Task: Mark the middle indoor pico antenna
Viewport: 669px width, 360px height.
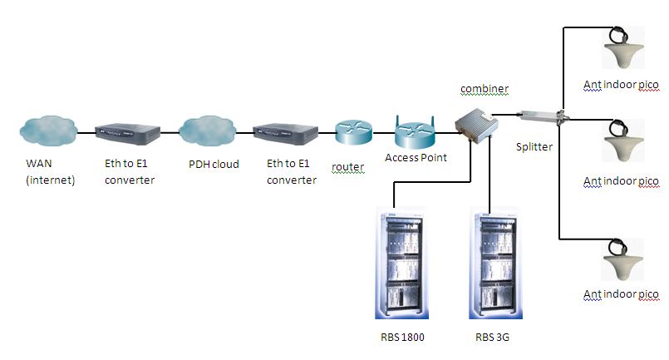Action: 619,143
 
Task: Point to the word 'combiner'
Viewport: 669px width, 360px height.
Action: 485,88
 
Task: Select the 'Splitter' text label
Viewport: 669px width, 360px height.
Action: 534,146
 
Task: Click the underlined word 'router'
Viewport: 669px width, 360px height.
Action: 348,167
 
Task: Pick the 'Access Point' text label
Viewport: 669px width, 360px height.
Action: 416,157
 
